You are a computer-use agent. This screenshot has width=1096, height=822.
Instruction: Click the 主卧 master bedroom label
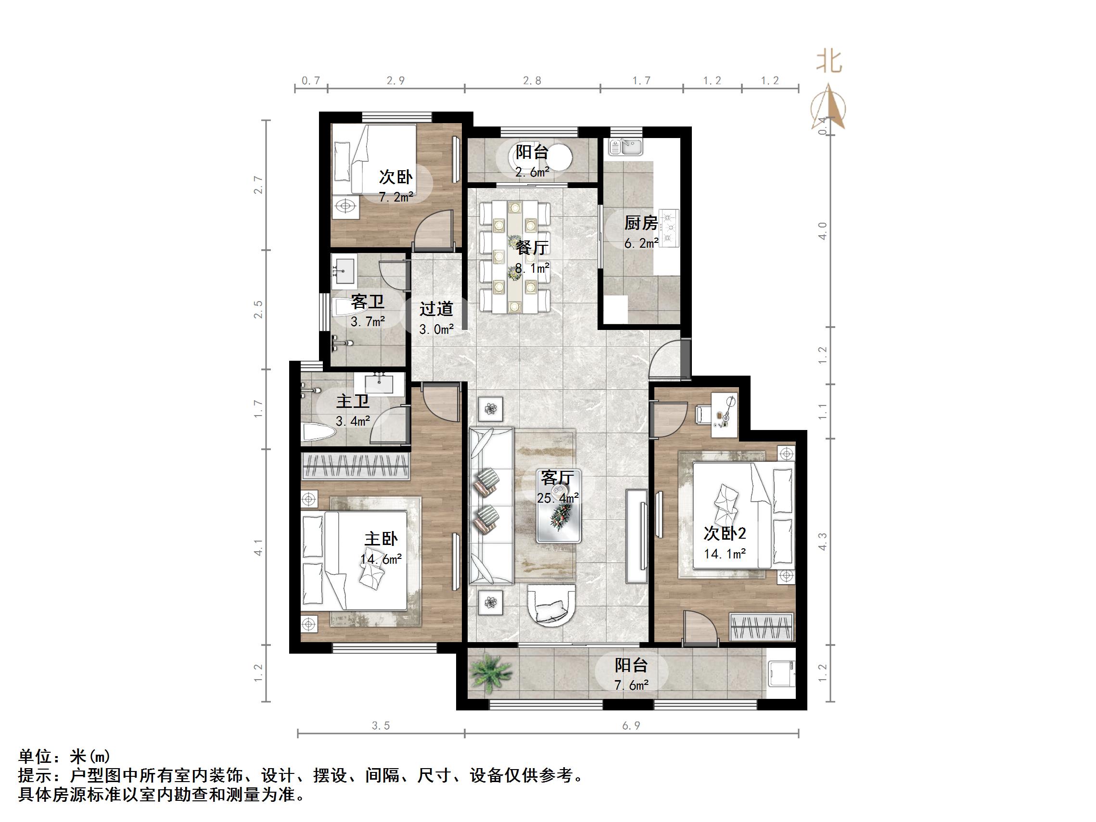click(381, 539)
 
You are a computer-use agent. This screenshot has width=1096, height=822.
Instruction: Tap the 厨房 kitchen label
click(641, 223)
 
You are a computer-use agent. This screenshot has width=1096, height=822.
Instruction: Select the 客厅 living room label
click(558, 478)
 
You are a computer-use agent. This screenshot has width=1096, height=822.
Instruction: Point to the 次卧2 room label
click(725, 533)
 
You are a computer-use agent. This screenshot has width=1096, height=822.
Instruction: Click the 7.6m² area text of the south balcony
click(631, 685)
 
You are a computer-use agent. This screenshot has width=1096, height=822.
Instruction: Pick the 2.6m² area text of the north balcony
click(532, 172)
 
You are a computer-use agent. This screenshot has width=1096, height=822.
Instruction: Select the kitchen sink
click(625, 147)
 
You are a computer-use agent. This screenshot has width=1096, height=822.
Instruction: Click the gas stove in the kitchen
click(669, 228)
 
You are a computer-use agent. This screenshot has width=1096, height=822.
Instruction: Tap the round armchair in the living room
click(551, 606)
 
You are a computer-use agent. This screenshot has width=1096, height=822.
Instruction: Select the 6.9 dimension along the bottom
click(631, 726)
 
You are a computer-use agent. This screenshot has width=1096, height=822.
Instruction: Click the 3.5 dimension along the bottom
click(381, 726)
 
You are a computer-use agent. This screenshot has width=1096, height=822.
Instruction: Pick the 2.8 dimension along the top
click(532, 80)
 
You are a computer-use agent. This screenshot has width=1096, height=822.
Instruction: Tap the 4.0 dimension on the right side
click(823, 231)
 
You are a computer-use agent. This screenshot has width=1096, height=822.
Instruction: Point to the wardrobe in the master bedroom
click(356, 466)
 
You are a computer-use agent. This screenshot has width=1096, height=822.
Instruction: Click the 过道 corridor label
click(436, 309)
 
